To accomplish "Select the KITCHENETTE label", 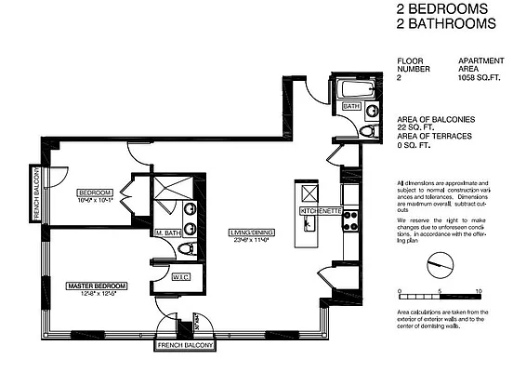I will pos(318,212).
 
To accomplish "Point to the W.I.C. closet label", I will pos(181,276).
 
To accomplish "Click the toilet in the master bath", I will pos(187,249).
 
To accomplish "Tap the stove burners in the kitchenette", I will pos(350,219).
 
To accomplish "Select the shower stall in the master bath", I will pos(173,188).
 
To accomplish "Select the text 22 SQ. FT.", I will pos(414,128).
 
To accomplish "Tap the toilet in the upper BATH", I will pos(365,130).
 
